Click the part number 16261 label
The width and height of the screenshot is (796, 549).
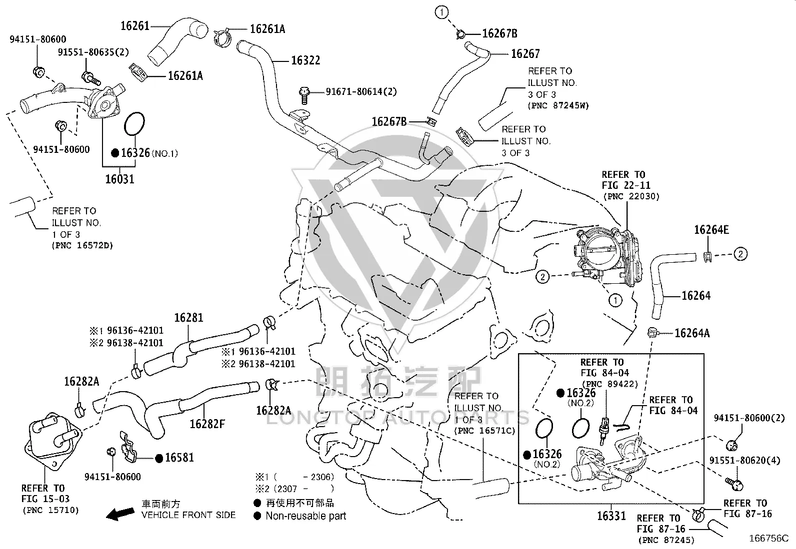134,26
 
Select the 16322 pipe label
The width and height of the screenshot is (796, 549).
305,60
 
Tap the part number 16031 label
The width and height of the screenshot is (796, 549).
120,179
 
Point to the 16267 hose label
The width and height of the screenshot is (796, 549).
525,53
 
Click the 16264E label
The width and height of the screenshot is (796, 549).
711,230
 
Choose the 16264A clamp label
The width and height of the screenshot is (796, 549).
692,333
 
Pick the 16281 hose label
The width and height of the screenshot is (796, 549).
188,318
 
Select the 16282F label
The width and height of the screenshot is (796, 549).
207,424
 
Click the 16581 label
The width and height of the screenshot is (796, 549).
179,458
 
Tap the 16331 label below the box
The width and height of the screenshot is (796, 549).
611,516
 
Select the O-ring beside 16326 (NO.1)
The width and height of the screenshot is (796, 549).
134,124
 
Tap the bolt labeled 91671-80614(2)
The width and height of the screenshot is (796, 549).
304,95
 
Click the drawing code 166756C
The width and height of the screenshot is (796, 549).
768,538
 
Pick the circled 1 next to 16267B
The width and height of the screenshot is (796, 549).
441,12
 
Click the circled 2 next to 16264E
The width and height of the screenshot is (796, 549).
740,254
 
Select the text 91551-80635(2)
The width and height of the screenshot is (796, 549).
93,52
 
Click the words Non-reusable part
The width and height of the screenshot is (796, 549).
306,516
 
